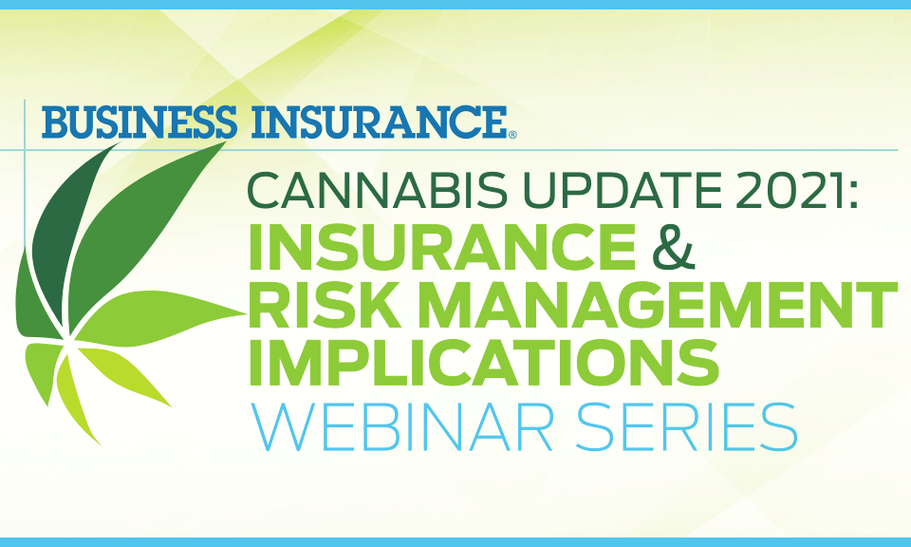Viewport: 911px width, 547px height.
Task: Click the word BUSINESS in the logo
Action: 139,122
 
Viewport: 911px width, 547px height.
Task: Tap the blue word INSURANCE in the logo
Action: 380,122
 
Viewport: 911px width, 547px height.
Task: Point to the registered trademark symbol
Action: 512,135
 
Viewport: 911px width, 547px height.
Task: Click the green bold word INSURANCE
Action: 442,246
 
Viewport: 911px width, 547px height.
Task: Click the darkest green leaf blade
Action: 66,233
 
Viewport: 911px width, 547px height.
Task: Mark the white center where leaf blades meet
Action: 68,339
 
